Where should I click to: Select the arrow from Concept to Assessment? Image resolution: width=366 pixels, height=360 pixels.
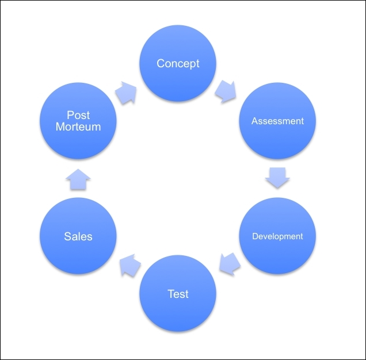(x=226, y=91)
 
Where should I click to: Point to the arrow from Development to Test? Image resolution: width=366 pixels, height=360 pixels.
(x=228, y=263)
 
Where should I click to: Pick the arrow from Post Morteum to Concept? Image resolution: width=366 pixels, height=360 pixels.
(x=127, y=93)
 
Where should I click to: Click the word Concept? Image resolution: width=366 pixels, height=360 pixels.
(x=178, y=63)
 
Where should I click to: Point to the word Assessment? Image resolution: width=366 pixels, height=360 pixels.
(x=277, y=121)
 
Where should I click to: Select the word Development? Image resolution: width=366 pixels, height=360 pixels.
(x=277, y=236)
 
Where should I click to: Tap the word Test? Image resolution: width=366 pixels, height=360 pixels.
(x=178, y=294)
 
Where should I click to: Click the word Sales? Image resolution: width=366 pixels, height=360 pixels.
(x=78, y=236)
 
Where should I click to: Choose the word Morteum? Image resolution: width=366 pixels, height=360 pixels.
(x=78, y=127)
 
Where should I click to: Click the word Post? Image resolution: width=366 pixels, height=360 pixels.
(x=78, y=116)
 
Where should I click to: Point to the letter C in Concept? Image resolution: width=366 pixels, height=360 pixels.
(x=161, y=63)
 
